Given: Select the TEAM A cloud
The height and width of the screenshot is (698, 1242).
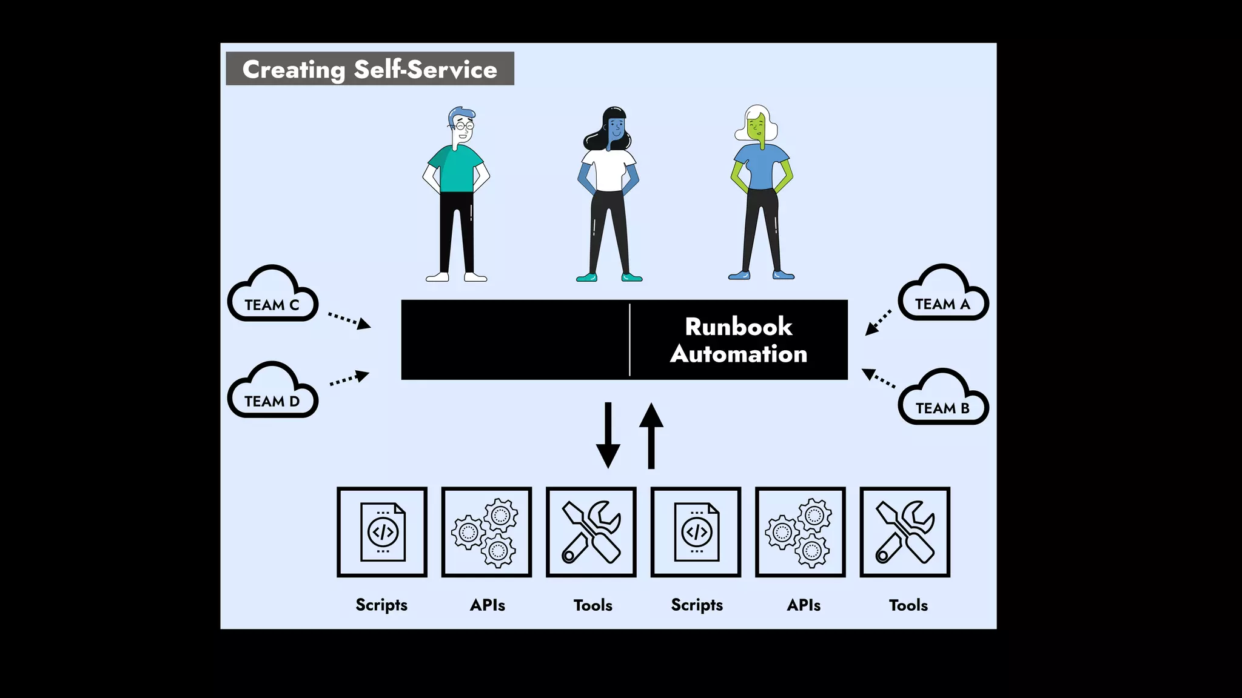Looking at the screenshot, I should pos(943,295).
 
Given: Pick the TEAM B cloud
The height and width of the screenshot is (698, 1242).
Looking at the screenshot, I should pos(943,399).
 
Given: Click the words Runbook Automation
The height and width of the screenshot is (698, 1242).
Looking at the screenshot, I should pos(739,340).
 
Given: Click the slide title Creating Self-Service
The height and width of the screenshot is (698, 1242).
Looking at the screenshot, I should pos(370,69).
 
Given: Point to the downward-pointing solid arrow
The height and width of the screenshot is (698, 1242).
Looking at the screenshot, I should pos(608,435).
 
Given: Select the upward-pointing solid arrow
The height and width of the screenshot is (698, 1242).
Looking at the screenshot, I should pos(651,435).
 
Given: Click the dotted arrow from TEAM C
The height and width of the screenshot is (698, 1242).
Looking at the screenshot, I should pos(349,319).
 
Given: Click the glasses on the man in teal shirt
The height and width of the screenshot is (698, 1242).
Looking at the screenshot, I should pos(465,126).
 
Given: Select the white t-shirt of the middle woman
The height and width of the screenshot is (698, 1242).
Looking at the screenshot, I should pos(609,170).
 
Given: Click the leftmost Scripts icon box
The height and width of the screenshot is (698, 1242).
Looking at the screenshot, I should pos(382,532).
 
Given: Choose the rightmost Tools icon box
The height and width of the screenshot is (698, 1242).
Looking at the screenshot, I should pos(905,532).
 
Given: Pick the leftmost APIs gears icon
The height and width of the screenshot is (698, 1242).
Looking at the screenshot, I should pos(486,532).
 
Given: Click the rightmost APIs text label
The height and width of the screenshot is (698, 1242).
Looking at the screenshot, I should pos(804,605).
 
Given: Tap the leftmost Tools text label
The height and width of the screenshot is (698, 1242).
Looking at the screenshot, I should pos(592,605).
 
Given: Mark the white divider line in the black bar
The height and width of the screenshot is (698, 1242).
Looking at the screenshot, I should pos(630,340).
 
